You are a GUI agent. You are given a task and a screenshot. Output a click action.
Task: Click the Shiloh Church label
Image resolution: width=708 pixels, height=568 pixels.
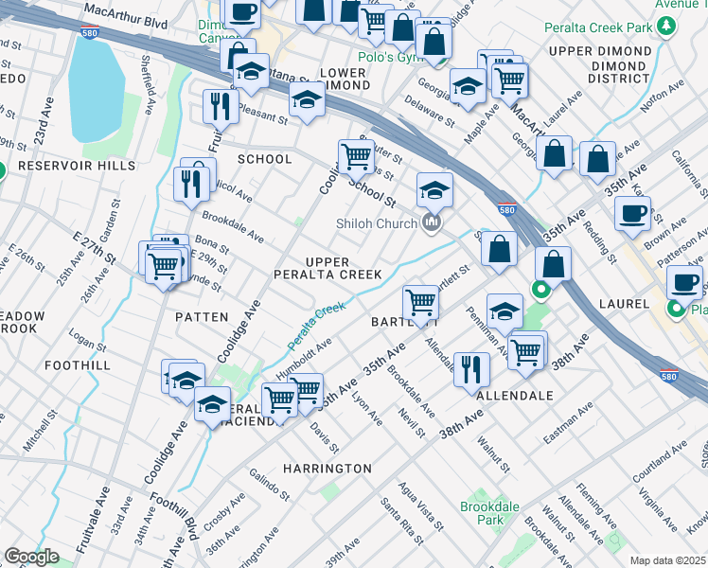click(377, 223)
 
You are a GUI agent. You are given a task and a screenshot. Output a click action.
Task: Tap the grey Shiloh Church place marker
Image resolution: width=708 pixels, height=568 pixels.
click(433, 223)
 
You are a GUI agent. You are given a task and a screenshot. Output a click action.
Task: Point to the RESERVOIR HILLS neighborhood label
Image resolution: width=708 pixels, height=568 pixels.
click(63, 165)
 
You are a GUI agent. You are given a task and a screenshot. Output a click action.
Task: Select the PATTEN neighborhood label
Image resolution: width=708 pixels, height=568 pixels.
click(201, 317)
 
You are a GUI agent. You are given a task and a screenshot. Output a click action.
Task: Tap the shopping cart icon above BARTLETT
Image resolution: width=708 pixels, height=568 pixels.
click(421, 302)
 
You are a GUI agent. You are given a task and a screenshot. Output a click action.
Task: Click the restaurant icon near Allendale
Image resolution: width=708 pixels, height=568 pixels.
click(471, 367)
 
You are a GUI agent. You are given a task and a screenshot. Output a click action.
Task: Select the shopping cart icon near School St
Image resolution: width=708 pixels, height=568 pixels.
click(357, 154)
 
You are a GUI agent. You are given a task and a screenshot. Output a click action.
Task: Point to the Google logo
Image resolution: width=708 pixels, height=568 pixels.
click(31, 557)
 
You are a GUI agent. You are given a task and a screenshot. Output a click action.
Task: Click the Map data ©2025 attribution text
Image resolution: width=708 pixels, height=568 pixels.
click(666, 560)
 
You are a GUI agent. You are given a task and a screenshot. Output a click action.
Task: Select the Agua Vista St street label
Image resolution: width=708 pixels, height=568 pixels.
click(422, 504)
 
